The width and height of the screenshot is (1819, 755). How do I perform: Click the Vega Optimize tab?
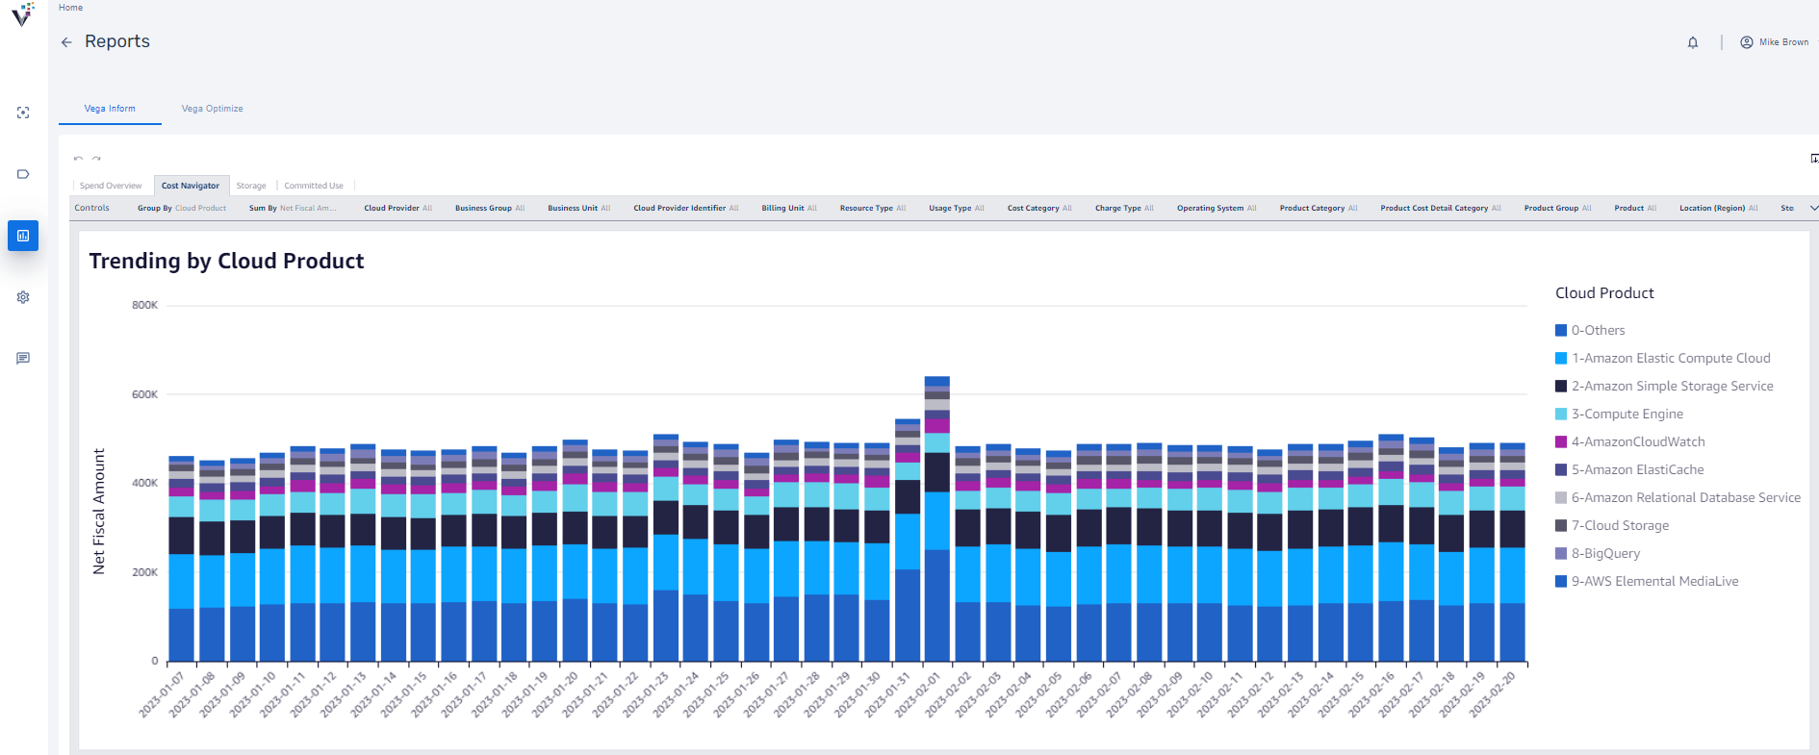(212, 109)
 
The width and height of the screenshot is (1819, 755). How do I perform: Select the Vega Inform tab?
(110, 109)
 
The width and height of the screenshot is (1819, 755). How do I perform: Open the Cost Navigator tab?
(191, 186)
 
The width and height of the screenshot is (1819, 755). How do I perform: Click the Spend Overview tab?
(111, 186)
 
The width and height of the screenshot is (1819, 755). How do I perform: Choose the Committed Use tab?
(314, 186)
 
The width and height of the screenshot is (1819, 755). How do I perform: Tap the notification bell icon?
(1693, 42)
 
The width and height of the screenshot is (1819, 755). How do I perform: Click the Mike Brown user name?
(1783, 42)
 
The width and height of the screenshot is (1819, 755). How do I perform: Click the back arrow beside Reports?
(66, 42)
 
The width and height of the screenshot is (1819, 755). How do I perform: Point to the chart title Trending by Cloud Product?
(226, 262)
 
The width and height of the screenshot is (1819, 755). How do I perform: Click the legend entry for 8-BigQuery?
(1605, 554)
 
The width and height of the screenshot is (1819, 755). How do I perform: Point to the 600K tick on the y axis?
(145, 394)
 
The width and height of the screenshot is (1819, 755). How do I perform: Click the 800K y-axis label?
(145, 305)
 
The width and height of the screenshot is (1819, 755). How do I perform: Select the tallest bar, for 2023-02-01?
(937, 519)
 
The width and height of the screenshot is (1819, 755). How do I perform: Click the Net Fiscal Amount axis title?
(99, 512)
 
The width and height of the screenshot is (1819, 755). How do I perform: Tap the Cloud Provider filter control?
(397, 208)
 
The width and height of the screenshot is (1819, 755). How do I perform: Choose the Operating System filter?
(1217, 208)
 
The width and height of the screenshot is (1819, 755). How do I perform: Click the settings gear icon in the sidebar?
(23, 297)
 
